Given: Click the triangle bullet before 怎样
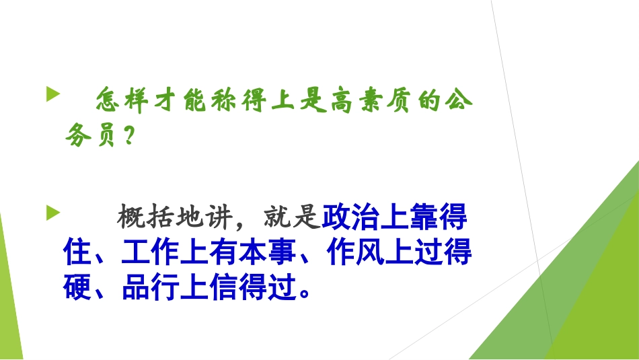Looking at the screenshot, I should point(52,94).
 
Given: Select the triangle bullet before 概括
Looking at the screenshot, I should point(52,214).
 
